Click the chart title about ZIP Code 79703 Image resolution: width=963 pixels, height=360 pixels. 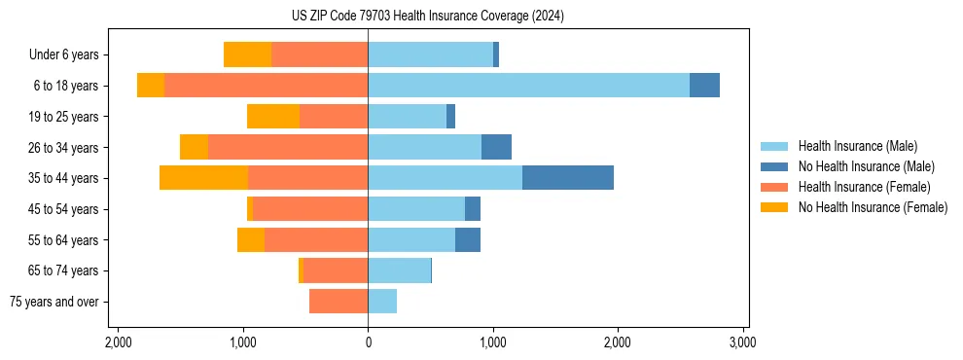coord(427,17)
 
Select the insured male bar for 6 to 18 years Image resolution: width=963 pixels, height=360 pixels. coord(528,86)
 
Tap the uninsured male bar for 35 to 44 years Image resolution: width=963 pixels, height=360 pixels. coord(567,178)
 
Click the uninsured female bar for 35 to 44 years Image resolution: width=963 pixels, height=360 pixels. coord(203,178)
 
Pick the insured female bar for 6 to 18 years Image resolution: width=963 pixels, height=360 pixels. coord(266,86)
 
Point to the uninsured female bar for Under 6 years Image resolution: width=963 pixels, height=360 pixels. coord(247,54)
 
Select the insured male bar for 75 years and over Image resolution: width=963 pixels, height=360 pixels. coord(382,302)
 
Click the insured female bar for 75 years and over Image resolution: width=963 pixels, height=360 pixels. coord(339,302)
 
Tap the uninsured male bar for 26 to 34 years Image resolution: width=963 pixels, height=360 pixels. coord(496,147)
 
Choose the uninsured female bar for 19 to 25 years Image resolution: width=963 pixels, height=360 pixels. coord(273,117)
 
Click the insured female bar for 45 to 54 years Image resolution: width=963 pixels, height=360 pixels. coord(310,209)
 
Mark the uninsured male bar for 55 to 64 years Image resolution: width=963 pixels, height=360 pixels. coord(468,239)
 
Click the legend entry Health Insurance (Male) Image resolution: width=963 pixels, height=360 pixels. coord(857,146)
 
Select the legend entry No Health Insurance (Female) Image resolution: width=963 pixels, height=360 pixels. coord(873,207)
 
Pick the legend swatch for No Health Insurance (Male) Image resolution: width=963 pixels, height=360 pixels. coord(775,166)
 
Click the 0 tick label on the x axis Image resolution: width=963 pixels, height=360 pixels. coord(368,342)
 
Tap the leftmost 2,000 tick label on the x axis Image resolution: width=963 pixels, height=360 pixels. coord(118,342)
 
